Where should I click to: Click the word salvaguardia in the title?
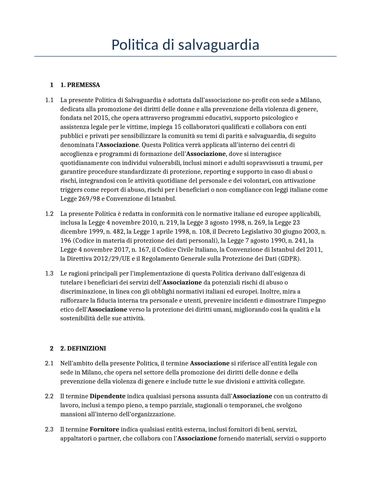click(x=218, y=45)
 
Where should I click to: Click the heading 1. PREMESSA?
click(x=80, y=85)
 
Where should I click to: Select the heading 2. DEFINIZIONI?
click(x=83, y=349)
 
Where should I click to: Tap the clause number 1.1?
click(x=49, y=100)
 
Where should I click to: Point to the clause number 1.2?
click(x=49, y=214)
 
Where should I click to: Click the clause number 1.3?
click(x=49, y=273)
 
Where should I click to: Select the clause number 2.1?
click(x=49, y=363)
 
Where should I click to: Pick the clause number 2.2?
click(x=49, y=396)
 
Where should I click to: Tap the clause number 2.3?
click(x=49, y=429)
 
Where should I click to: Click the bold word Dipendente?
click(x=107, y=396)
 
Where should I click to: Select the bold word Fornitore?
click(x=104, y=429)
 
